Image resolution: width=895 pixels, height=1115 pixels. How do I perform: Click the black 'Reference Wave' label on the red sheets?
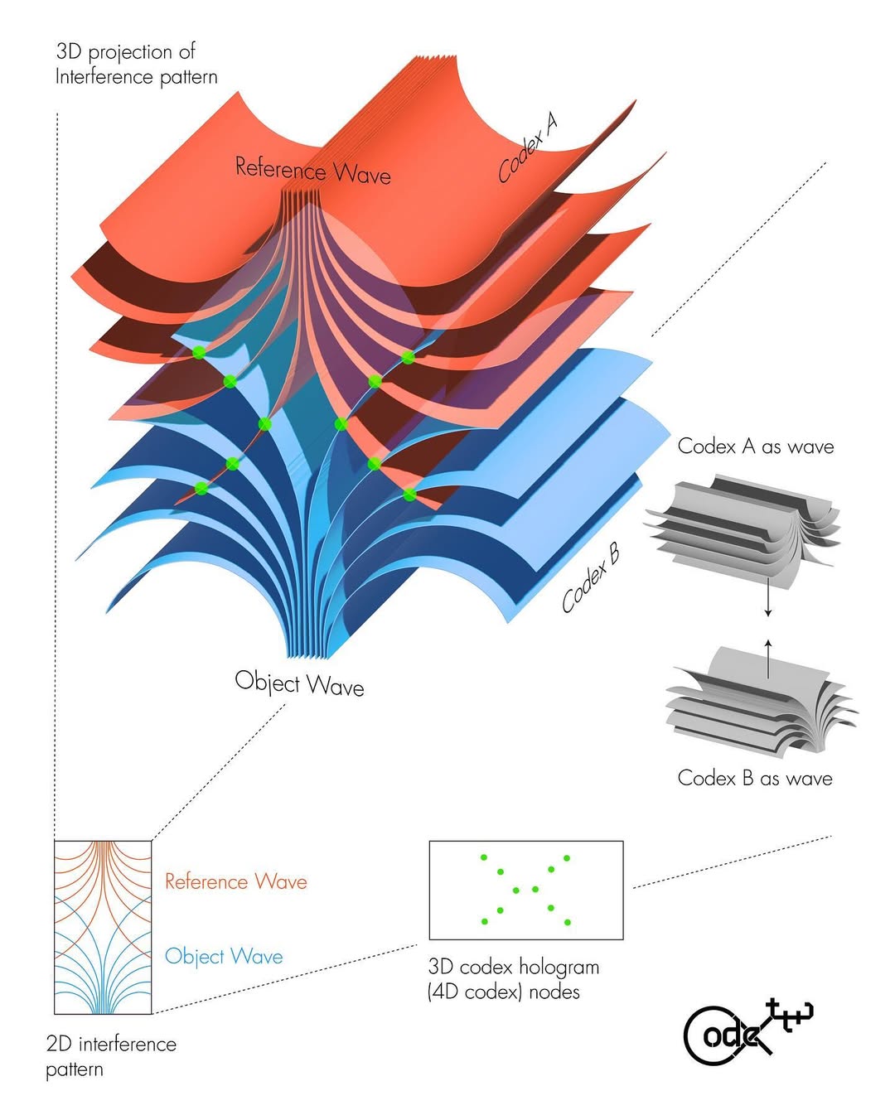tap(312, 170)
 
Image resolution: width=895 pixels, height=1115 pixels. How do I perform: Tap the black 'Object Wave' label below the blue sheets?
tap(299, 683)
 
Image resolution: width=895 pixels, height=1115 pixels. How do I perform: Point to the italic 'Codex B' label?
tap(591, 579)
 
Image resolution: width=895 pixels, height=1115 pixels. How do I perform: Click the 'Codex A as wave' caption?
tap(755, 446)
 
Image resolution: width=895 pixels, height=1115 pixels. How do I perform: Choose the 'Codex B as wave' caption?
tap(754, 778)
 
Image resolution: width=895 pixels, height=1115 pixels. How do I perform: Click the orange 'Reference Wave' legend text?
tap(235, 881)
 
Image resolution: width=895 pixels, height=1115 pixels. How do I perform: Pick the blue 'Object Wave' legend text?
tap(224, 956)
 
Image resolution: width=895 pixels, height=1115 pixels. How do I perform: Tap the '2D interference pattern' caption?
tap(111, 1055)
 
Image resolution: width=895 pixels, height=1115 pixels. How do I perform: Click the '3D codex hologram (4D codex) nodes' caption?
tap(513, 979)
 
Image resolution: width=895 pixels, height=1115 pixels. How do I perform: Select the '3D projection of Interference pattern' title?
tap(136, 64)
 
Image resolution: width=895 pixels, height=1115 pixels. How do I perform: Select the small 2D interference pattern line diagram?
tap(103, 927)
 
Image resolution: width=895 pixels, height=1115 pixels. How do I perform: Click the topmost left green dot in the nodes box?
tap(484, 857)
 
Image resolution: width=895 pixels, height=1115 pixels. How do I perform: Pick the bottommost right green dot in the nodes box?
tap(567, 922)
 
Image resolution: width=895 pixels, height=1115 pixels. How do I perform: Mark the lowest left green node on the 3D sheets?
tap(201, 488)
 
